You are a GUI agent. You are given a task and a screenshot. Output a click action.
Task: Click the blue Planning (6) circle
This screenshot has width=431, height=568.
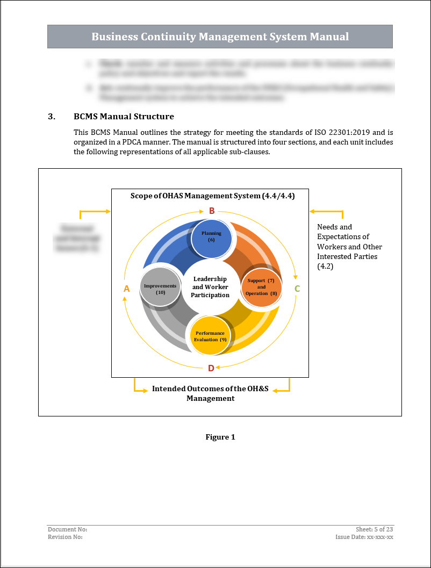(212, 236)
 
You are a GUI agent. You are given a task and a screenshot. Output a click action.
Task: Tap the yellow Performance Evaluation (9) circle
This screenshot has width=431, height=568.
(210, 336)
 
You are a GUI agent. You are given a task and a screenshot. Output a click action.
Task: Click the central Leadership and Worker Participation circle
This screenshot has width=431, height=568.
(210, 287)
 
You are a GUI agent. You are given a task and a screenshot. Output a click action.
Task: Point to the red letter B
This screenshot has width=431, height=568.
(212, 211)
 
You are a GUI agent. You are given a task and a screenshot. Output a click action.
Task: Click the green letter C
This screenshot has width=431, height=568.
(297, 289)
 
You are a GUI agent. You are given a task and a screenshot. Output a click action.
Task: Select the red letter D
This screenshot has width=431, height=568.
(211, 368)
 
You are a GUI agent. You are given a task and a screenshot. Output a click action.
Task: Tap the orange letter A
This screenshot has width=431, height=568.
(127, 289)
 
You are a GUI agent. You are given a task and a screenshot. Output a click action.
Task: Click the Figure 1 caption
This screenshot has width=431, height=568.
(220, 437)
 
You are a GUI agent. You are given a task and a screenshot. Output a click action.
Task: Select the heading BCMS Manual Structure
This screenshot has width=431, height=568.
(124, 116)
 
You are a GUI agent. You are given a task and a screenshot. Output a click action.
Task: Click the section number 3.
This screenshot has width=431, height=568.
(52, 116)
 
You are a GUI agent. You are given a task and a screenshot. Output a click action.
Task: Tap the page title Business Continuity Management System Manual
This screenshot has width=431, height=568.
(220, 37)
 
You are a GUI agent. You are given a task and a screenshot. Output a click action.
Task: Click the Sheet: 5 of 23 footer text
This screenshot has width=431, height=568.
(375, 529)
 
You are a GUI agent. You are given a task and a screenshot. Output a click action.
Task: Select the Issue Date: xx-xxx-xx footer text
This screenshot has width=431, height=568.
(364, 537)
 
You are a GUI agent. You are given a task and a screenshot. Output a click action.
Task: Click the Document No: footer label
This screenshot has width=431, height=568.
(67, 529)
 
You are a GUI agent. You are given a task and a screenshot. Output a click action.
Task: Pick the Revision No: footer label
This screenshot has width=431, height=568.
(65, 537)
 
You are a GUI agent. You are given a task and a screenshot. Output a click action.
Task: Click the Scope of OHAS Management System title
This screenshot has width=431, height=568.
(212, 196)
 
